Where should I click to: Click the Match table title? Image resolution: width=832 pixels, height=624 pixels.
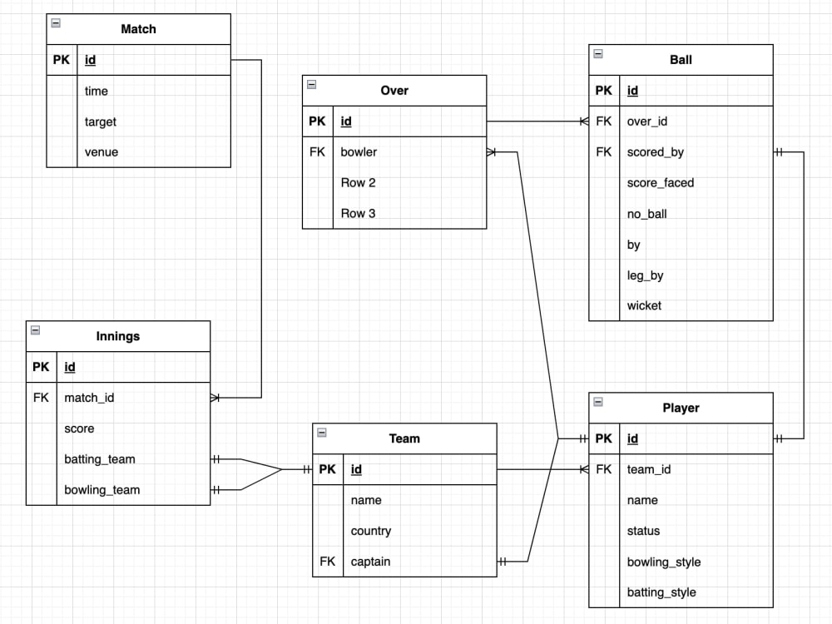pos(138,29)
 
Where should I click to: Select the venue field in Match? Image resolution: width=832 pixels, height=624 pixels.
pos(102,152)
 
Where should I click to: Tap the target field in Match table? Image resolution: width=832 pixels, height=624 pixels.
pos(101,121)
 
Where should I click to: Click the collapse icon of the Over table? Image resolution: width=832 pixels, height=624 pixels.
pos(311,84)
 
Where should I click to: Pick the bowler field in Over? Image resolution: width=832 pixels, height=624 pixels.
pos(359,152)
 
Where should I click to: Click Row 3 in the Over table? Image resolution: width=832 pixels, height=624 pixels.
pos(358,213)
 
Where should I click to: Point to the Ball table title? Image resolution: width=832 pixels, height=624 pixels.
pos(681,60)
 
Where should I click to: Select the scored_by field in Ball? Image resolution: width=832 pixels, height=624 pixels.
pos(656,152)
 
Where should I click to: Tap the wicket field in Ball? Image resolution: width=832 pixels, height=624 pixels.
pos(645,305)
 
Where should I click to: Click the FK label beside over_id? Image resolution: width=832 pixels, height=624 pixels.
pos(603,121)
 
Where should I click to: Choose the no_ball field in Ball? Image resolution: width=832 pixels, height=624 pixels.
pos(647,214)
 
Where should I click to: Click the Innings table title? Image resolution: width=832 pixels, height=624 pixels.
pos(118,336)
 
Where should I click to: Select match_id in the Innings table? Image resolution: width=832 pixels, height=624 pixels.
pos(89,398)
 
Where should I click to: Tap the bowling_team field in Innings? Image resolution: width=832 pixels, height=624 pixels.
pos(102,490)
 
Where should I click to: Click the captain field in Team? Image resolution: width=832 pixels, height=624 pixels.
pos(370,562)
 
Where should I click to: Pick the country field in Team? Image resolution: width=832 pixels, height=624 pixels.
pos(371,531)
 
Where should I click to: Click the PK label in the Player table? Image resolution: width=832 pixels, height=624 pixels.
pos(603,438)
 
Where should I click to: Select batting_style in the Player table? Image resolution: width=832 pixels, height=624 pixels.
pos(661,592)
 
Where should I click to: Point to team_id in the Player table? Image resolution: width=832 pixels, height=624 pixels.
pos(649,469)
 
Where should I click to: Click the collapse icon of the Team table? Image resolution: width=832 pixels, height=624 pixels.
pos(322,433)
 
